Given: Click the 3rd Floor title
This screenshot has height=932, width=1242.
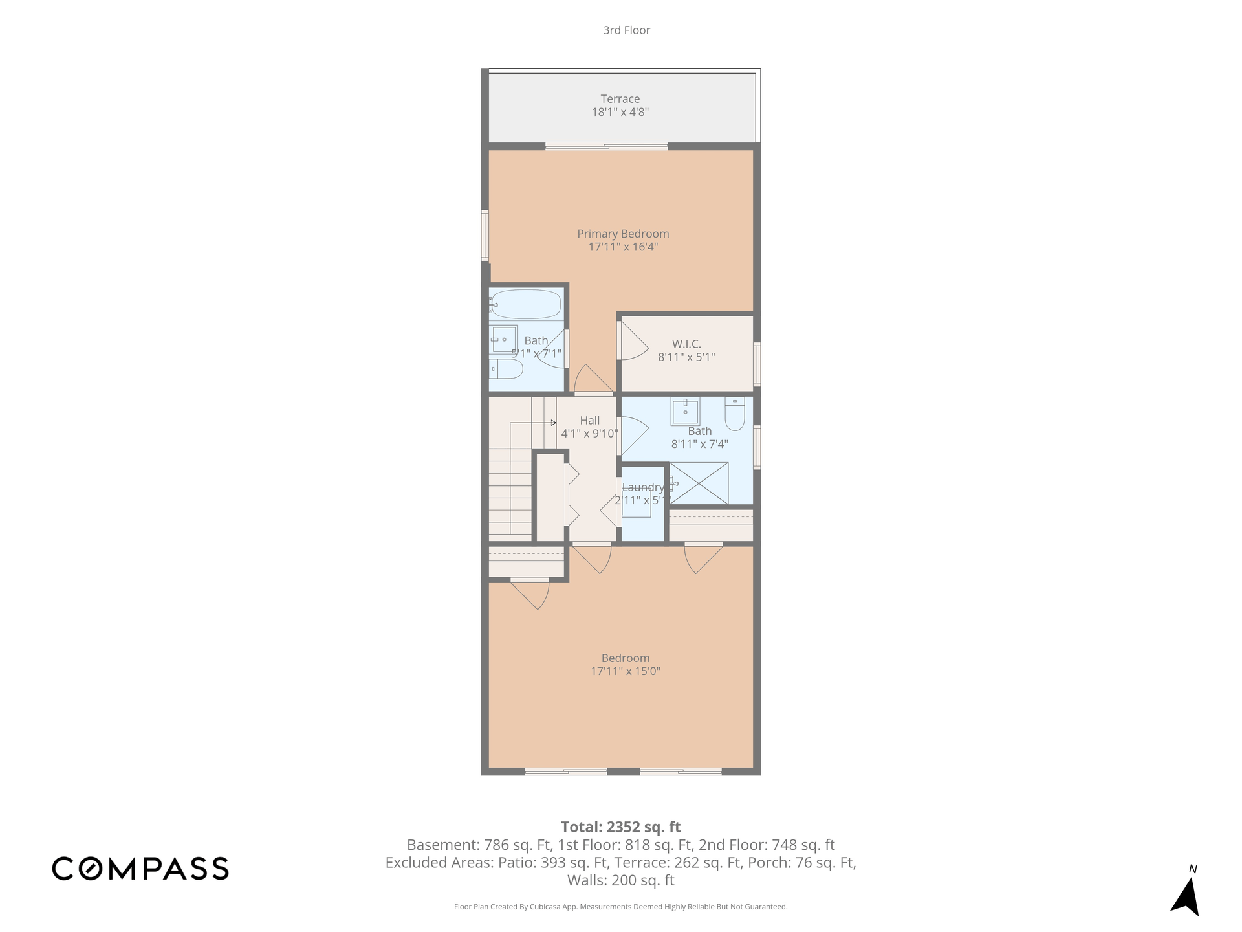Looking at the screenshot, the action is coord(626,30).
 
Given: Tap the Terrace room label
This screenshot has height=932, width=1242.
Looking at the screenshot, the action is coord(620,99).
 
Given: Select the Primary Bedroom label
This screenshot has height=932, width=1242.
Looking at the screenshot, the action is coord(623,234).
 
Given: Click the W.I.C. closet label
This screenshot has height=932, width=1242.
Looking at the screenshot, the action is coord(686,344).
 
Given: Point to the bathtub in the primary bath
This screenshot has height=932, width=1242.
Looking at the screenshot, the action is coord(525,304).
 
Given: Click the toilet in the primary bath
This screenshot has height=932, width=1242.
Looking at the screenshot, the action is coord(507,369).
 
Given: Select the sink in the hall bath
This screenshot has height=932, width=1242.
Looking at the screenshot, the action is coord(685,410).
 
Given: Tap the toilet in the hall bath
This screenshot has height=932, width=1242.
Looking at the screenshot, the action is coord(735,413).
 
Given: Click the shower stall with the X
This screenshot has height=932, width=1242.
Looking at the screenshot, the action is coord(699,483).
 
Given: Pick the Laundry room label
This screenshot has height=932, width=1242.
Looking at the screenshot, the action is coord(643,487).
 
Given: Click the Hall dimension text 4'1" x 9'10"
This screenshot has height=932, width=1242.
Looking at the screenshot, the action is coord(589,434).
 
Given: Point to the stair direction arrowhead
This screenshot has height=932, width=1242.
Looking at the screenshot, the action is coord(554,423).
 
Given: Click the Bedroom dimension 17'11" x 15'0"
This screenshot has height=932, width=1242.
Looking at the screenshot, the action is coord(626,671).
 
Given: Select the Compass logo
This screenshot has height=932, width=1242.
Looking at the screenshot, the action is coord(140,868).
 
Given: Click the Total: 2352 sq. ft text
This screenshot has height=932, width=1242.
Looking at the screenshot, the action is coord(621,827).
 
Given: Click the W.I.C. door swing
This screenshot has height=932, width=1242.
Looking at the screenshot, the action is coord(633,341).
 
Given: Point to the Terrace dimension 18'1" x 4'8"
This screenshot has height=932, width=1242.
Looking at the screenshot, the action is coord(620,112).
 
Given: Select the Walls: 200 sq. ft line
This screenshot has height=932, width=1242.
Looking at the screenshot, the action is coord(621,880).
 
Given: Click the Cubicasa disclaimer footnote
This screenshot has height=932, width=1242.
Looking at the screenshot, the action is coord(621,907).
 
